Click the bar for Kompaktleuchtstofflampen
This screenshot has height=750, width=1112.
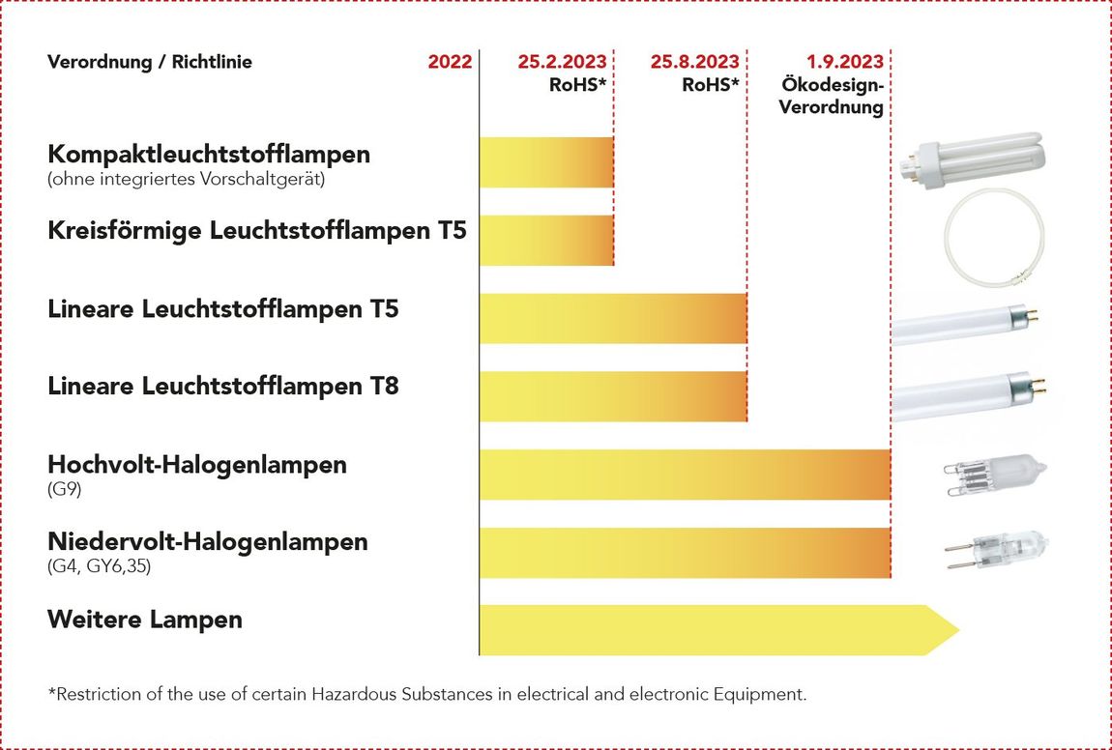[x=546, y=162]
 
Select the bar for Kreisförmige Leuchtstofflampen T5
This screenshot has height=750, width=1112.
[x=546, y=241]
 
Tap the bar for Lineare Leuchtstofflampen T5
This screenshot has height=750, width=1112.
[x=613, y=319]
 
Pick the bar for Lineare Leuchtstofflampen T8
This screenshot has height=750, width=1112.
[x=613, y=396]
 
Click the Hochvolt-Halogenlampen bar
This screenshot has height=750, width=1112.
[x=685, y=475]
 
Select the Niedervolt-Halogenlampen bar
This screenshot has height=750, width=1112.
[x=685, y=553]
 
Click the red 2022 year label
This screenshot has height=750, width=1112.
[x=450, y=62]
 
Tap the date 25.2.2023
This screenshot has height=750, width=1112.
[x=562, y=62]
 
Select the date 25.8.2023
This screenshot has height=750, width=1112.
[x=694, y=62]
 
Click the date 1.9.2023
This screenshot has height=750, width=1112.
[x=845, y=62]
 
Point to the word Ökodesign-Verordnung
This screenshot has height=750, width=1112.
[x=832, y=96]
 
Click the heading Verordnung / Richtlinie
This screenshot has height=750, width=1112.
[x=150, y=62]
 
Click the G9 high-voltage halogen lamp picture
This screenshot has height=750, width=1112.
[x=993, y=474]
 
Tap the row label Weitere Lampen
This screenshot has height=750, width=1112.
[x=145, y=620]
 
